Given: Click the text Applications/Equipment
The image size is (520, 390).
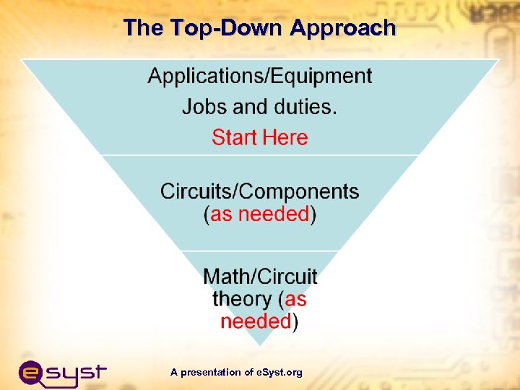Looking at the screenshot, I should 260,77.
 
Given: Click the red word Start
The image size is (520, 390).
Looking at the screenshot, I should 235,138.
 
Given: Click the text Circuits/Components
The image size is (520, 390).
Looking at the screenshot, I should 260,192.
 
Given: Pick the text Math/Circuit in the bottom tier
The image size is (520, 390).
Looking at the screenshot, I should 260,277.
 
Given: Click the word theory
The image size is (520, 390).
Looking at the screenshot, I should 243,299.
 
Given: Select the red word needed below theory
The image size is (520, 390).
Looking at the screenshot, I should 256,321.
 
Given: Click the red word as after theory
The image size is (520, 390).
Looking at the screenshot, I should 296,299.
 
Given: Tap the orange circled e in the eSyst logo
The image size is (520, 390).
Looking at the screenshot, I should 32,373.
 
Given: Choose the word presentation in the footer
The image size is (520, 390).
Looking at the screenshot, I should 211,373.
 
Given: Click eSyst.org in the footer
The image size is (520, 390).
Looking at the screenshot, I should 279,373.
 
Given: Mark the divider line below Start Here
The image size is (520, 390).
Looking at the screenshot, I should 260,155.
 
